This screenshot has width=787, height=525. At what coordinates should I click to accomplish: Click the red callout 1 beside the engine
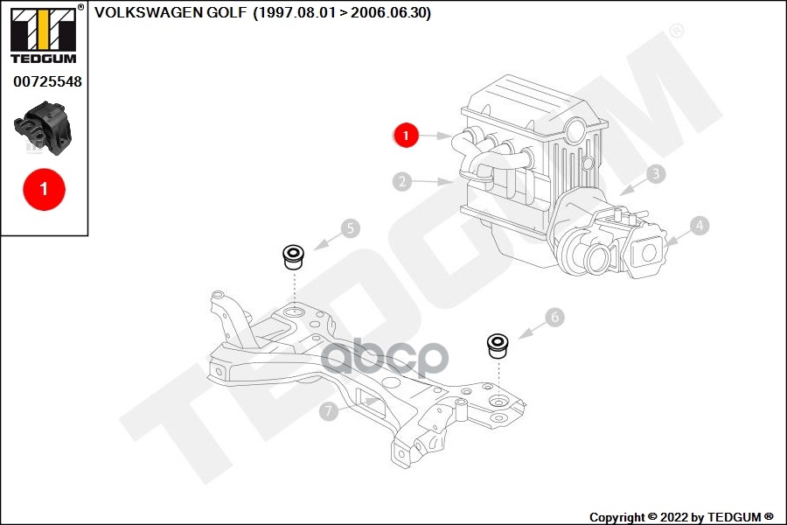click(405, 135)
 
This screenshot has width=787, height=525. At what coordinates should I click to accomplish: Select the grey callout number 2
click(402, 182)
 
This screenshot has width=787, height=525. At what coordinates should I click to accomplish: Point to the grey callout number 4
click(698, 226)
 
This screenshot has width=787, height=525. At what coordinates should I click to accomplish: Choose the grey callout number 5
click(349, 229)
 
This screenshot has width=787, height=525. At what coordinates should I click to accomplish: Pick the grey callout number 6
click(554, 318)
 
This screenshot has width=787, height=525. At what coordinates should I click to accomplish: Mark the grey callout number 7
click(329, 409)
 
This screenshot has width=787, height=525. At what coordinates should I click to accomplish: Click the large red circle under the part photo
click(44, 187)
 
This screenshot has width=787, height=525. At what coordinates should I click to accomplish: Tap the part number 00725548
click(47, 82)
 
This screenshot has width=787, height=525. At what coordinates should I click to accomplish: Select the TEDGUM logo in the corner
click(43, 34)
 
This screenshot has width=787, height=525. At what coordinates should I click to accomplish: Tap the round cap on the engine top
click(576, 132)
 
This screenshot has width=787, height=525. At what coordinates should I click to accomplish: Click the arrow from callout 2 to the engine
click(433, 182)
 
